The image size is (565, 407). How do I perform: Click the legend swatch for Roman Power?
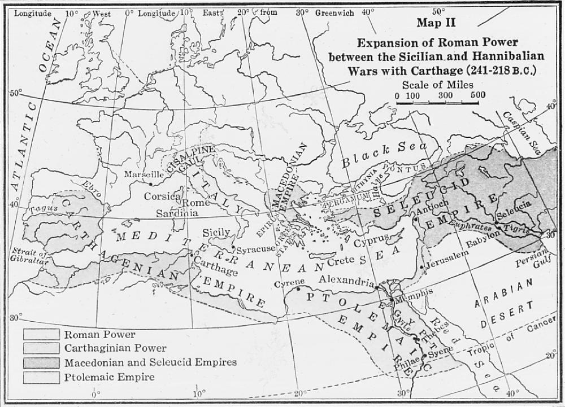pyautogui.click(x=41, y=335)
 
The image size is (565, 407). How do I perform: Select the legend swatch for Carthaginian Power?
pyautogui.click(x=41, y=348)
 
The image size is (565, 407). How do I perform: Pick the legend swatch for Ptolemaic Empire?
pyautogui.click(x=41, y=376)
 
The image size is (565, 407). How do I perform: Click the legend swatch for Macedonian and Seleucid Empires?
pyautogui.click(x=41, y=362)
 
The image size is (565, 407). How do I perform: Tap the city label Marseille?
pyautogui.click(x=144, y=174)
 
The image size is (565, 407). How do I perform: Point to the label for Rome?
pyautogui.click(x=195, y=203)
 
